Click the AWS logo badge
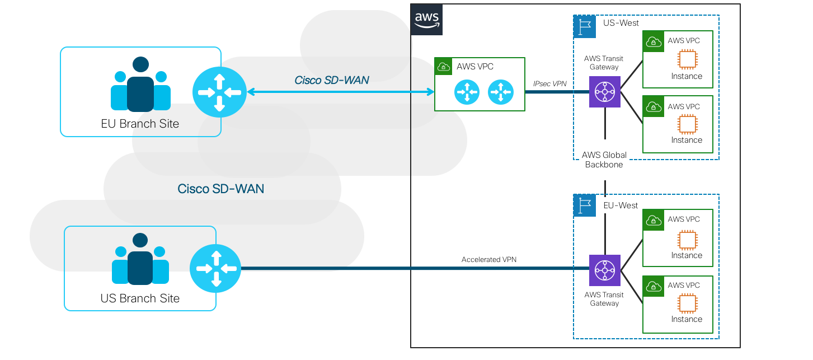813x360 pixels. (x=426, y=19)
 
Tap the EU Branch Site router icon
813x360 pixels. (x=219, y=92)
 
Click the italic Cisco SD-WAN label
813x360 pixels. (x=332, y=81)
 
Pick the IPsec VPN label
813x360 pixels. (x=549, y=84)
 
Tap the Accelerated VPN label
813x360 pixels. (x=488, y=260)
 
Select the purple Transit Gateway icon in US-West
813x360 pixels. (x=605, y=91)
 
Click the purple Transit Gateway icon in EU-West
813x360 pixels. (x=605, y=270)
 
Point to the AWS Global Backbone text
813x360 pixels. (x=604, y=160)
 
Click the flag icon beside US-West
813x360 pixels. (x=585, y=26)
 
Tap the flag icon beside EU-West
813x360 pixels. (x=585, y=205)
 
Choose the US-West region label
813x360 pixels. (x=621, y=24)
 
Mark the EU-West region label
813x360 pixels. (x=621, y=205)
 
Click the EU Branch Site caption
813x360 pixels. (x=140, y=124)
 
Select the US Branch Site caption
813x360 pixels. (x=140, y=298)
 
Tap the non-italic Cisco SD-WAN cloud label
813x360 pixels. (x=221, y=189)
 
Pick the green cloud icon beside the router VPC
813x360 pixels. (x=444, y=67)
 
